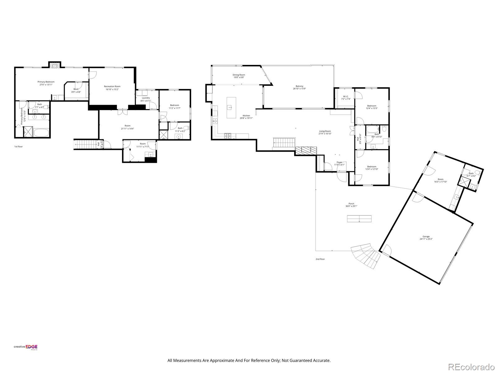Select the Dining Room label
239,76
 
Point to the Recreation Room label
112,88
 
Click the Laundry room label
146,99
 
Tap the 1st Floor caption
18,146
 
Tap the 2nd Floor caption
320,259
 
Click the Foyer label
339,163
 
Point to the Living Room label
325,132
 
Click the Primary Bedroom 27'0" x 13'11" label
46,83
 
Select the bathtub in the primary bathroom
41,133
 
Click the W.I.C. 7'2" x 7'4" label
346,98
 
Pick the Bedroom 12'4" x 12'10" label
372,168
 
